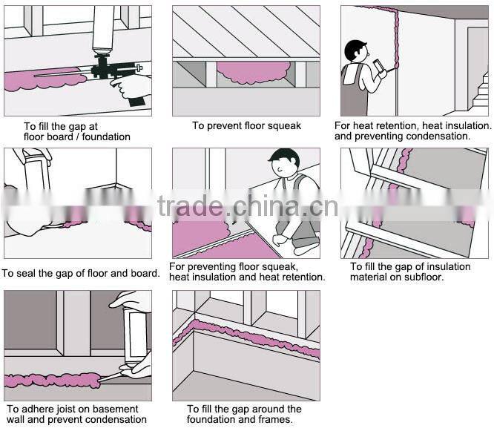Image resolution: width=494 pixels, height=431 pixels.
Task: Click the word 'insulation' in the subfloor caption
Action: pos(446,266)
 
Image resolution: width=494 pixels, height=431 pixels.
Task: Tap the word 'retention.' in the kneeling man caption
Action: pos(300,277)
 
